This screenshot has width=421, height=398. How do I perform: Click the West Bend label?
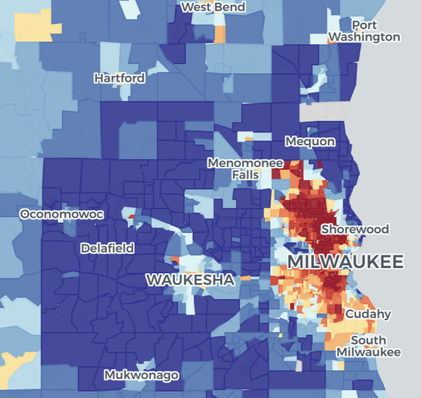click(213, 7)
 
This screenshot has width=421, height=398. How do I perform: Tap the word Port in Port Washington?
click(365, 25)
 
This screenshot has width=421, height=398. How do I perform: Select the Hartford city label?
click(119, 78)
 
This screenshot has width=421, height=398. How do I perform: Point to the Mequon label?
click(310, 141)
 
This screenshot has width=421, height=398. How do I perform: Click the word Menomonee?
click(245, 162)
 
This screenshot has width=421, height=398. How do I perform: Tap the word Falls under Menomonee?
click(245, 175)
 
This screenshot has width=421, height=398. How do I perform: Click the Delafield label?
click(107, 248)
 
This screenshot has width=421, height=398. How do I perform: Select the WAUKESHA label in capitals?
click(190, 280)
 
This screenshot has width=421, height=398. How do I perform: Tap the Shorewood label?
click(355, 229)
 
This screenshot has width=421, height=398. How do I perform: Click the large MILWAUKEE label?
click(346, 262)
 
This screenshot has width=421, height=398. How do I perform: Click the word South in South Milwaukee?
click(368, 341)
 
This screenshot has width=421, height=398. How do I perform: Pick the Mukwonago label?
click(141, 376)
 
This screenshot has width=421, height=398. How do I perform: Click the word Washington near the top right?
click(365, 37)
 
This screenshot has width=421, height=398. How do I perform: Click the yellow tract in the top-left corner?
click(37, 25)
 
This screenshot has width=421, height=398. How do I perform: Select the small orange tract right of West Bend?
click(220, 32)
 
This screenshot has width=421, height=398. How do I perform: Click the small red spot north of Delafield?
click(130, 216)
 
